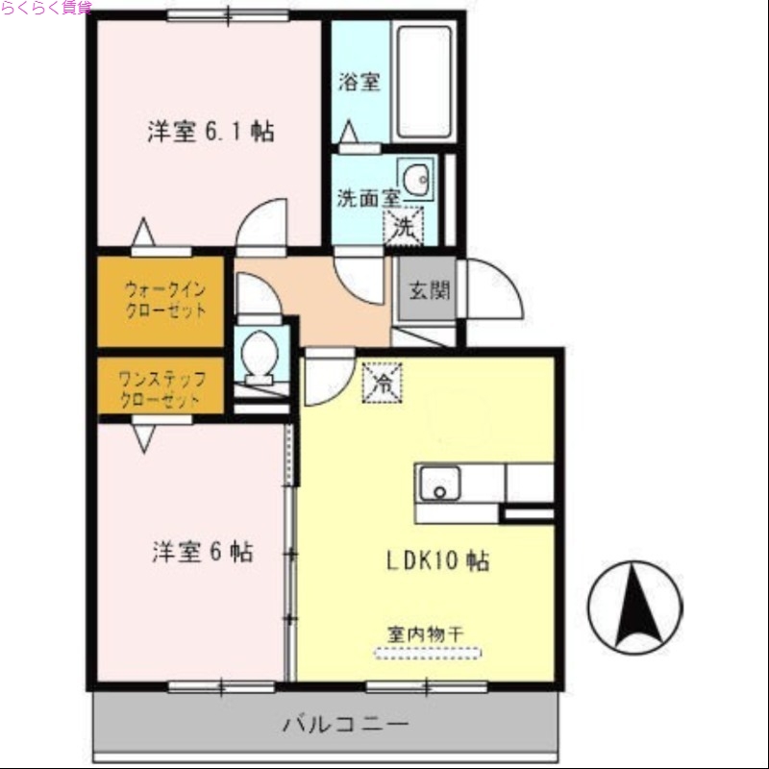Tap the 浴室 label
coord(359,82)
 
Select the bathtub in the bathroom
coord(423,82)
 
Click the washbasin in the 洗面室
coord(416,179)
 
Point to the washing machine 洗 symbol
coord(404,227)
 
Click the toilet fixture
coord(260,356)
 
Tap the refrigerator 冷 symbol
coord(382,384)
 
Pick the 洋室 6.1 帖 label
coord(211,132)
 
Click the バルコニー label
coord(345,724)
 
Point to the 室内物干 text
coord(426,633)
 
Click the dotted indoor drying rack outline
coord(426,654)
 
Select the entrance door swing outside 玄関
coord(492,291)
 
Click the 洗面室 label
coord(368,200)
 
